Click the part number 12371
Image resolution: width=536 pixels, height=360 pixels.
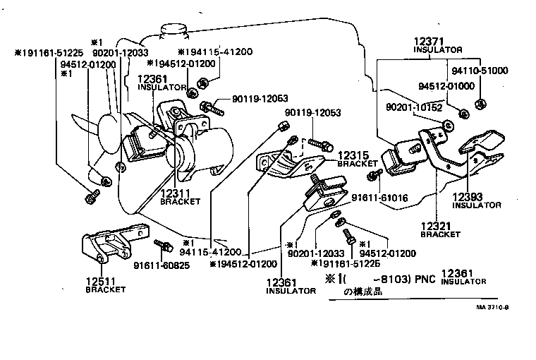coord(427,42)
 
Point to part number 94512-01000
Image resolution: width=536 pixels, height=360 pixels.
coord(446,85)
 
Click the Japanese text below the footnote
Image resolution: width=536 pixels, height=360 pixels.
coord(363,291)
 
